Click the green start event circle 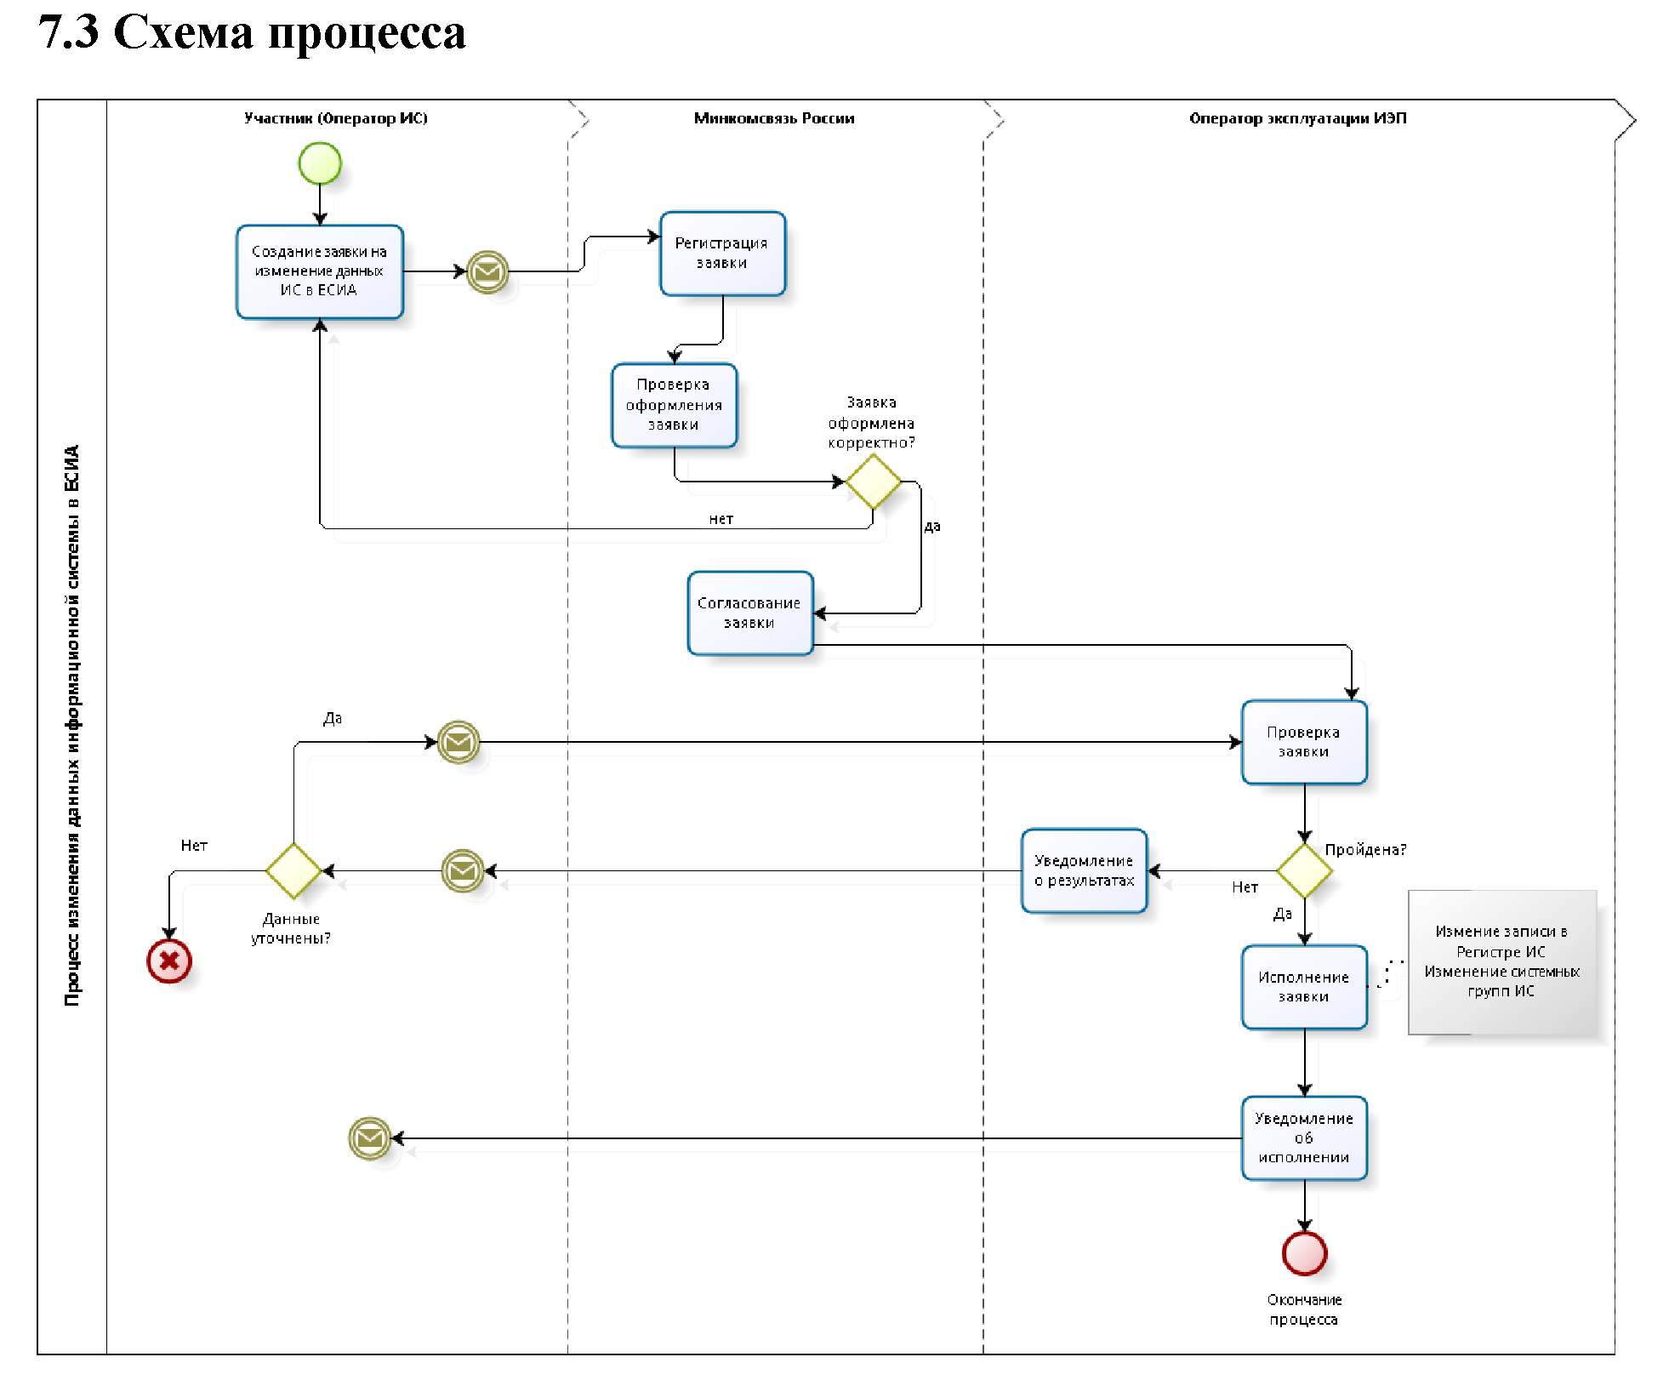320,163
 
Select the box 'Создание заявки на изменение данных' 319,271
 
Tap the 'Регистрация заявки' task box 722,254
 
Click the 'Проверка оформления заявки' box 674,405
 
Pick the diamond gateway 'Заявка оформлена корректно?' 873,482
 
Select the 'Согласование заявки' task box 749,613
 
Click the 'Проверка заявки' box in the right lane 1303,742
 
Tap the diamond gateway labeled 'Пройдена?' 1304,870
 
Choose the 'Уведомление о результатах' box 1084,870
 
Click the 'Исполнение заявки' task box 1303,987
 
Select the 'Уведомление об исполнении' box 1303,1138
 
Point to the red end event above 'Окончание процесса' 1304,1253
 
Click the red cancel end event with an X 169,961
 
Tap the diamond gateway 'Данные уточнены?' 293,870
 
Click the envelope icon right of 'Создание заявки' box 487,272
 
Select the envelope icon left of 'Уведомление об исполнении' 370,1138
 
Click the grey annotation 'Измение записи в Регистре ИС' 1501,961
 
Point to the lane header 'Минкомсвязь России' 774,118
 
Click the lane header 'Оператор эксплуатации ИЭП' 1297,118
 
